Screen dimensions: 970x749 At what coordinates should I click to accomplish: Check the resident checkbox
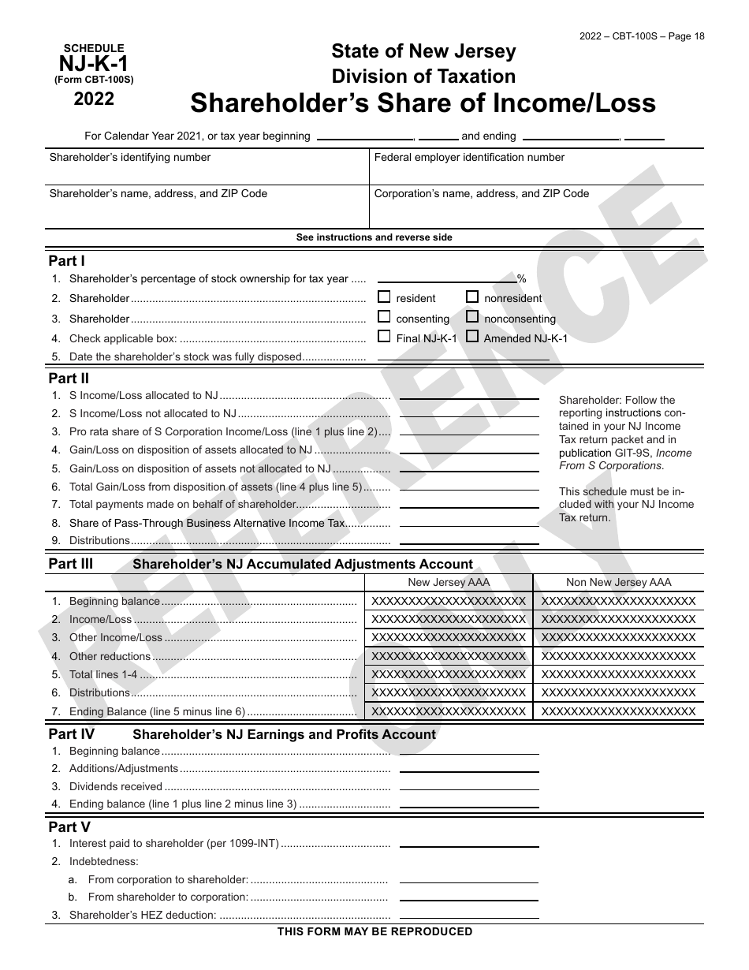tap(384, 297)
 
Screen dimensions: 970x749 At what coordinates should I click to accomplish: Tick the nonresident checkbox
tap(472, 297)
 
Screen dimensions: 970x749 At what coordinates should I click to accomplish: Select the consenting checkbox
tap(384, 317)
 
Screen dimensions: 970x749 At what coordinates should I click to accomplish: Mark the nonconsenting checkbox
tap(472, 317)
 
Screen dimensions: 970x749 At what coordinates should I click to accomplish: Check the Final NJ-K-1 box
tap(384, 337)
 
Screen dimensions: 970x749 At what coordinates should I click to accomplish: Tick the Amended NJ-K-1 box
tap(472, 337)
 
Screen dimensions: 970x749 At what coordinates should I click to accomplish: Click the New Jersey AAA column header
tap(449, 583)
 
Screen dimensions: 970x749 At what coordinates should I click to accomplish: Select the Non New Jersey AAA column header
tap(619, 583)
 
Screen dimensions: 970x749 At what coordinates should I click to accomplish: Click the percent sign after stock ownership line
tap(521, 279)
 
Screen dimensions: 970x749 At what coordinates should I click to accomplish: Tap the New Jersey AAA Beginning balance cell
tap(449, 601)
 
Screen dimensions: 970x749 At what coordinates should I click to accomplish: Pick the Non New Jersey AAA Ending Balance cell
tap(619, 711)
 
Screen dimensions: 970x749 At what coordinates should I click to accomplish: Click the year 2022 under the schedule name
tap(94, 99)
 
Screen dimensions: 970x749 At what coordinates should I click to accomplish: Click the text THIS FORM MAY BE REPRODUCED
tap(374, 932)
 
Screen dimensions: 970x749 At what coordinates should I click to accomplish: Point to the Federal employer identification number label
tap(469, 158)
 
